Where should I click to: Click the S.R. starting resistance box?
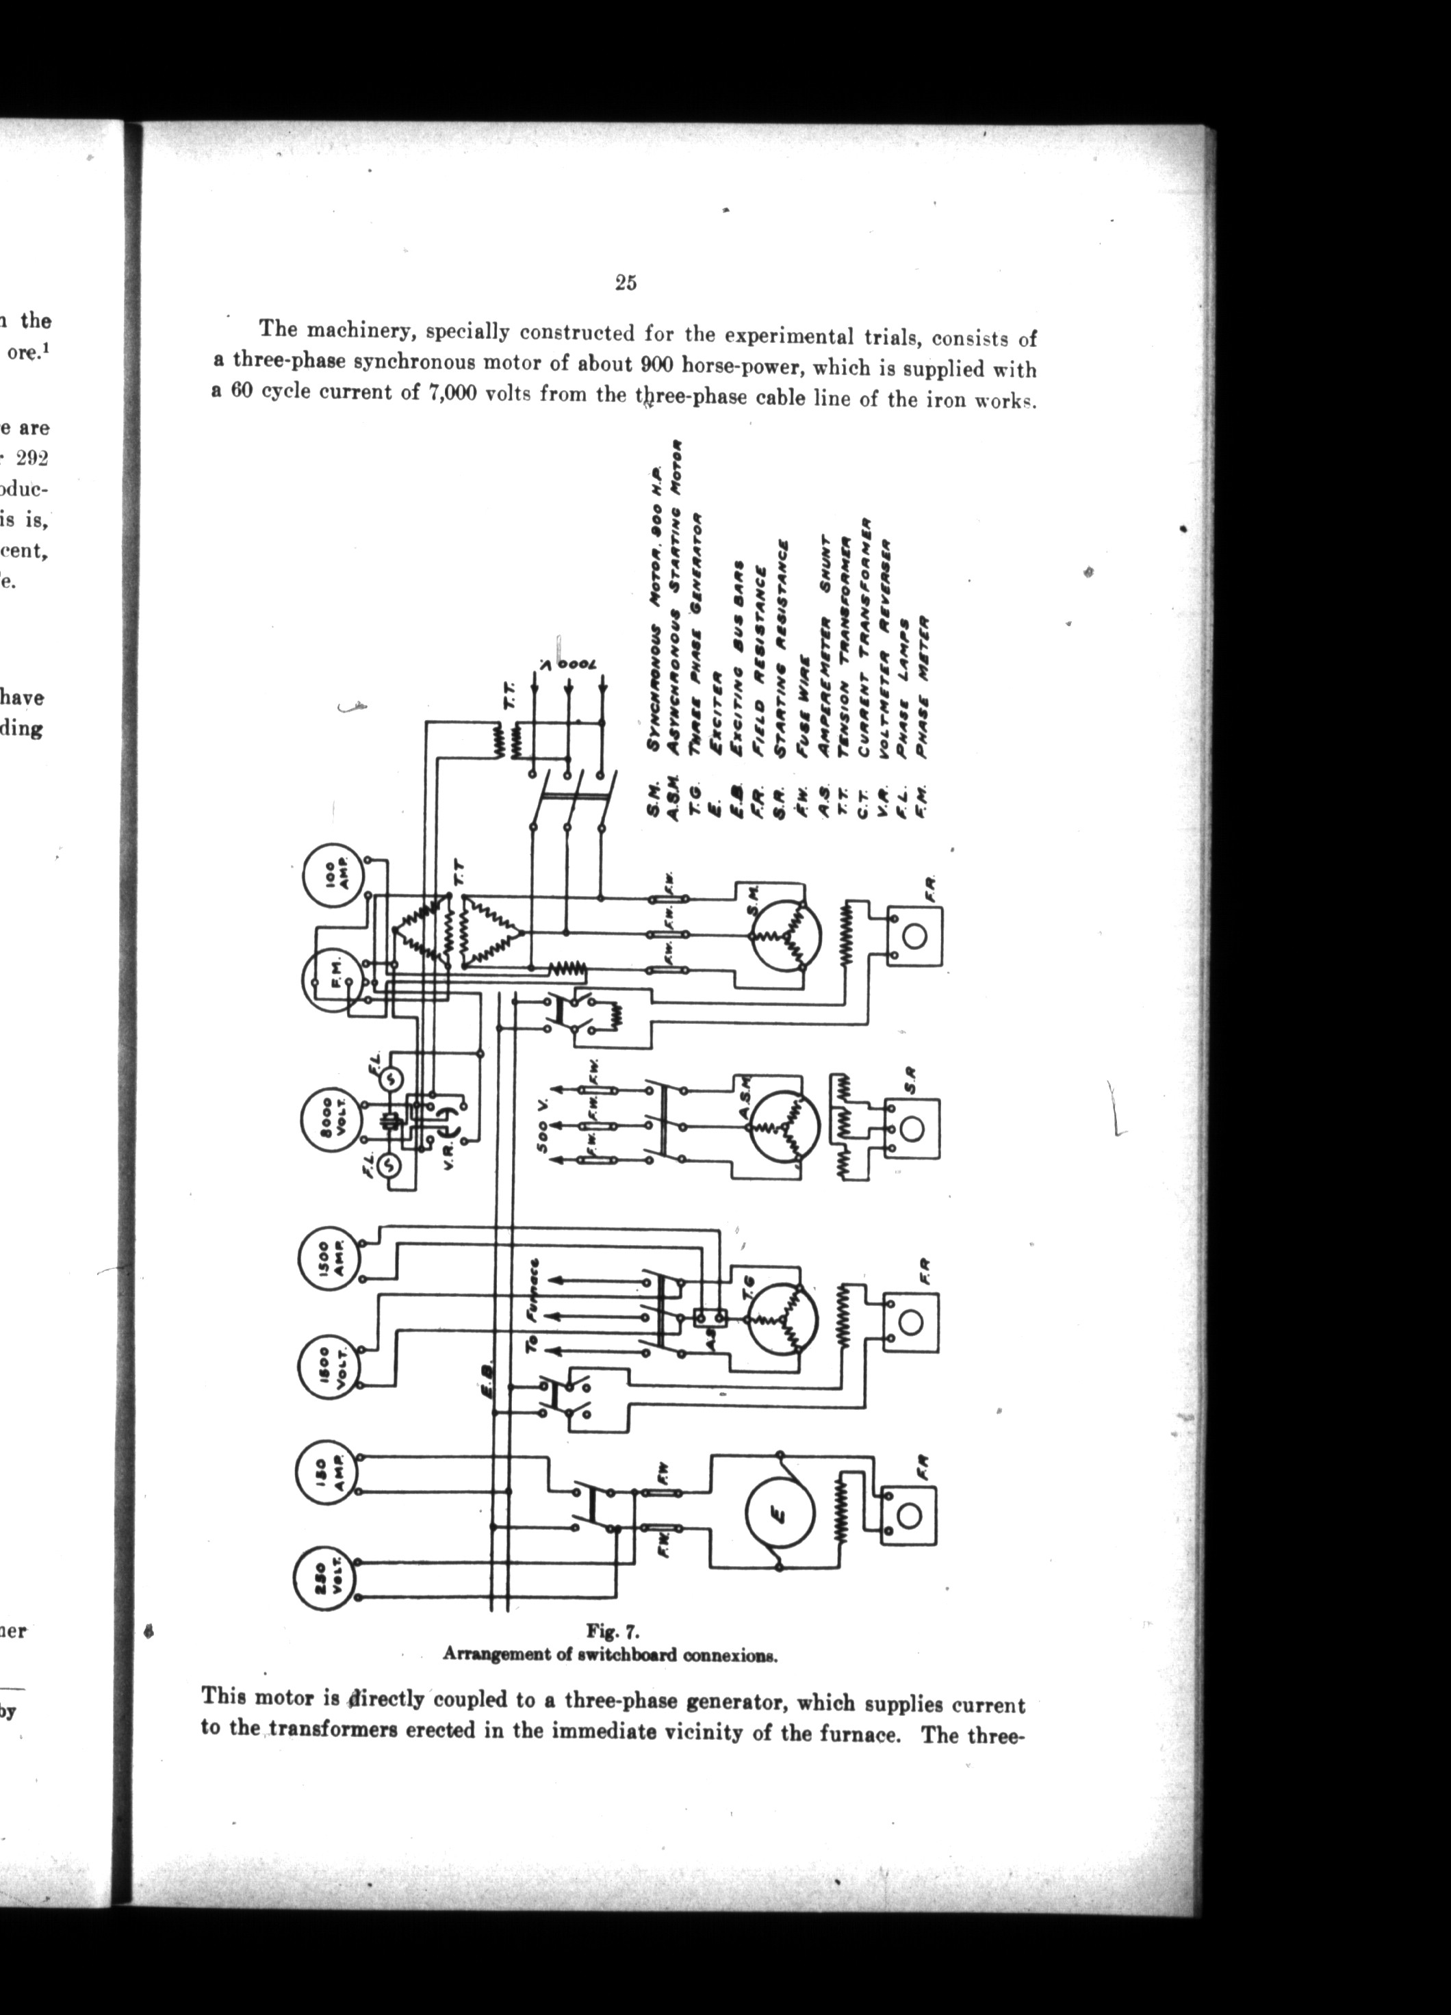coord(912,1129)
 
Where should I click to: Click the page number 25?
coord(625,283)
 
